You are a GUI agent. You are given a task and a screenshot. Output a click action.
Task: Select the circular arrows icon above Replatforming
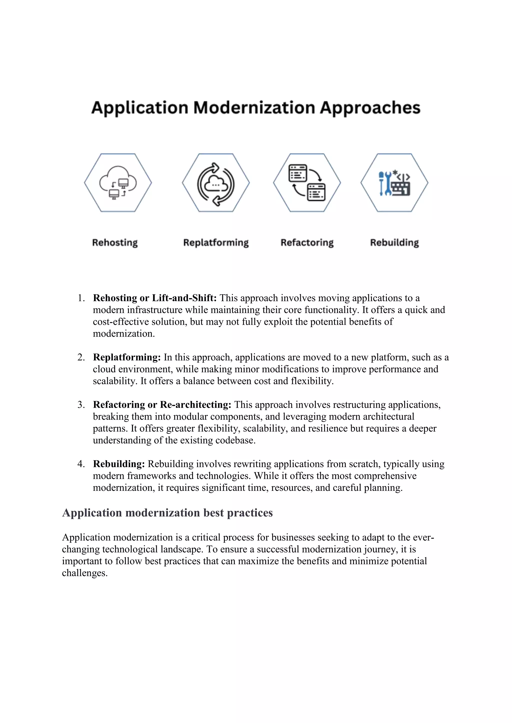pos(216,184)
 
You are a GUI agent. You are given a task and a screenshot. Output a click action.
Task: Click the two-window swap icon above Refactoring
pos(307,183)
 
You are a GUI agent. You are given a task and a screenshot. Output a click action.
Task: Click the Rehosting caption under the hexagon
pos(115,242)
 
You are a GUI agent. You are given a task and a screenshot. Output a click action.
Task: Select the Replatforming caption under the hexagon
pos(216,242)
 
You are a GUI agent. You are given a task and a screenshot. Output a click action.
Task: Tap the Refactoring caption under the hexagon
pos(307,242)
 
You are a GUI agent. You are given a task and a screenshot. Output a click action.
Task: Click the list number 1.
pos(81,298)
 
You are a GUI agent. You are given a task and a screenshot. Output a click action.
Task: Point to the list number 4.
pos(81,464)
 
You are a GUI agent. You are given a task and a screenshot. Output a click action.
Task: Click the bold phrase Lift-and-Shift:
pos(184,298)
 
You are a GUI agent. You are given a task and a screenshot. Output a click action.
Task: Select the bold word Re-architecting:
pos(195,405)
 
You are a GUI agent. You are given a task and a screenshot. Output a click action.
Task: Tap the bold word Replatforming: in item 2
pos(127,358)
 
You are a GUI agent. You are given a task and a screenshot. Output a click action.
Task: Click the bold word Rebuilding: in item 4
pos(119,464)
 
